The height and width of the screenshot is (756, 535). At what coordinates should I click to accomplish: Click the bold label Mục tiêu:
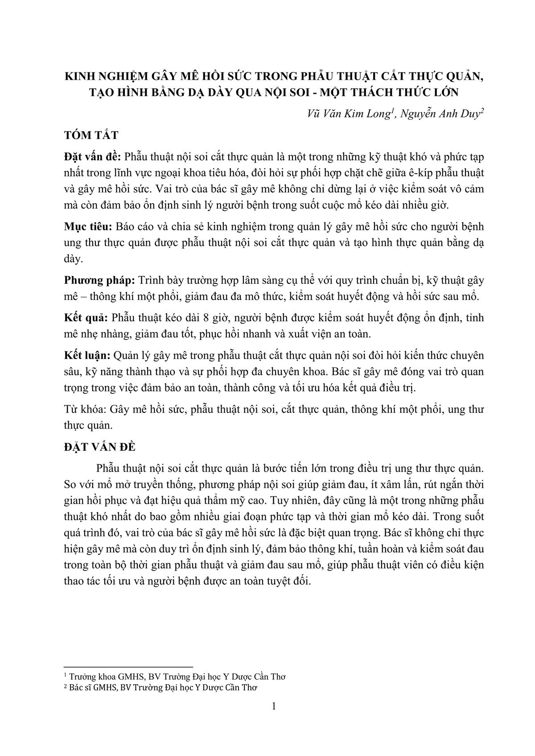88,227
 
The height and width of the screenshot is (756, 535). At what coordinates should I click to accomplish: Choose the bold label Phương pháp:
99,280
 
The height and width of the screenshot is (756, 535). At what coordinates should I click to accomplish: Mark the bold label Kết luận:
87,356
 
